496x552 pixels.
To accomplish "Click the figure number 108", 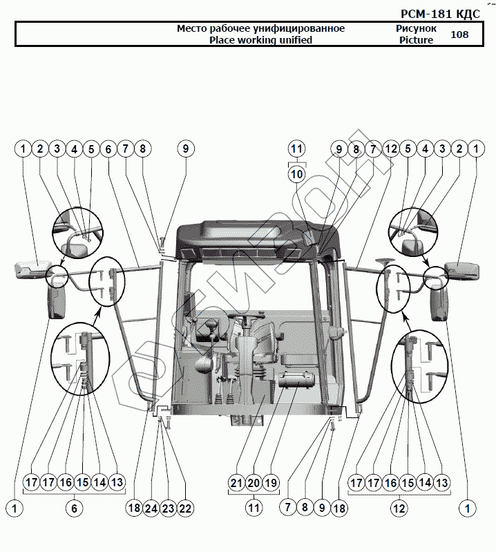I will [x=459, y=35].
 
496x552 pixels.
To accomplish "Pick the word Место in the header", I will [x=191, y=28].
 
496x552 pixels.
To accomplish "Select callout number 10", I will [x=297, y=175].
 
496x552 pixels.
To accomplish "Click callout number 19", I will [x=270, y=483].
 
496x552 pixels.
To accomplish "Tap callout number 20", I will [x=253, y=483].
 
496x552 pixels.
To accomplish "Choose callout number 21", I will [x=236, y=483].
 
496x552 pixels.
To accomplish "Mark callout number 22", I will [x=185, y=508].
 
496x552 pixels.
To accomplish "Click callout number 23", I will [x=169, y=508].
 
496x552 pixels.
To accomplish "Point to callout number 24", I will [x=151, y=508].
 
